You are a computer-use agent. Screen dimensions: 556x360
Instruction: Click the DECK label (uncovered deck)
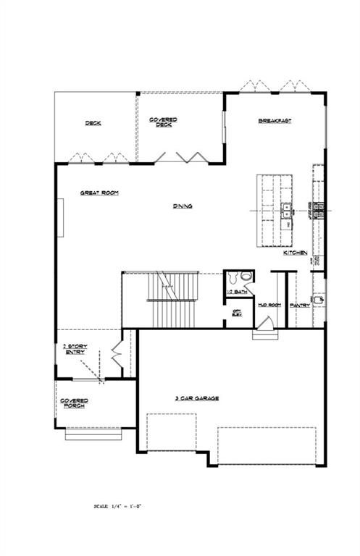(x=93, y=123)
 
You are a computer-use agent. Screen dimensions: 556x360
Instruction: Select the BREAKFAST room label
(x=275, y=121)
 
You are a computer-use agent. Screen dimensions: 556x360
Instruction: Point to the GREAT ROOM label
(x=99, y=193)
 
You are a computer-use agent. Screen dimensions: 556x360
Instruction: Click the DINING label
(x=183, y=206)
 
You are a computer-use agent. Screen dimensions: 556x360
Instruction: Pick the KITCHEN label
(x=296, y=253)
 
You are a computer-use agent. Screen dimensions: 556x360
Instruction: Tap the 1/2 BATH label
(x=236, y=291)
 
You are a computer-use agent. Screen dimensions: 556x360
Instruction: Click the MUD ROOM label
(x=269, y=306)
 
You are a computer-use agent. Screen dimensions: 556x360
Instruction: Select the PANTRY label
(x=300, y=306)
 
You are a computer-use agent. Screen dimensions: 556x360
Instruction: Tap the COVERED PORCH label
(x=74, y=403)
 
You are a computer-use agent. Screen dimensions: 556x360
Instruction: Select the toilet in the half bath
(x=245, y=276)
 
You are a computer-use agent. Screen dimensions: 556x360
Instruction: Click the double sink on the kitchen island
(x=286, y=211)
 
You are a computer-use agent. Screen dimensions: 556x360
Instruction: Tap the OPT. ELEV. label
(x=236, y=312)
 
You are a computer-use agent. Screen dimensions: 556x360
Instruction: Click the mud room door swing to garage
(x=261, y=332)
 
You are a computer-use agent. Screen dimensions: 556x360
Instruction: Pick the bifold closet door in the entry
(x=116, y=356)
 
